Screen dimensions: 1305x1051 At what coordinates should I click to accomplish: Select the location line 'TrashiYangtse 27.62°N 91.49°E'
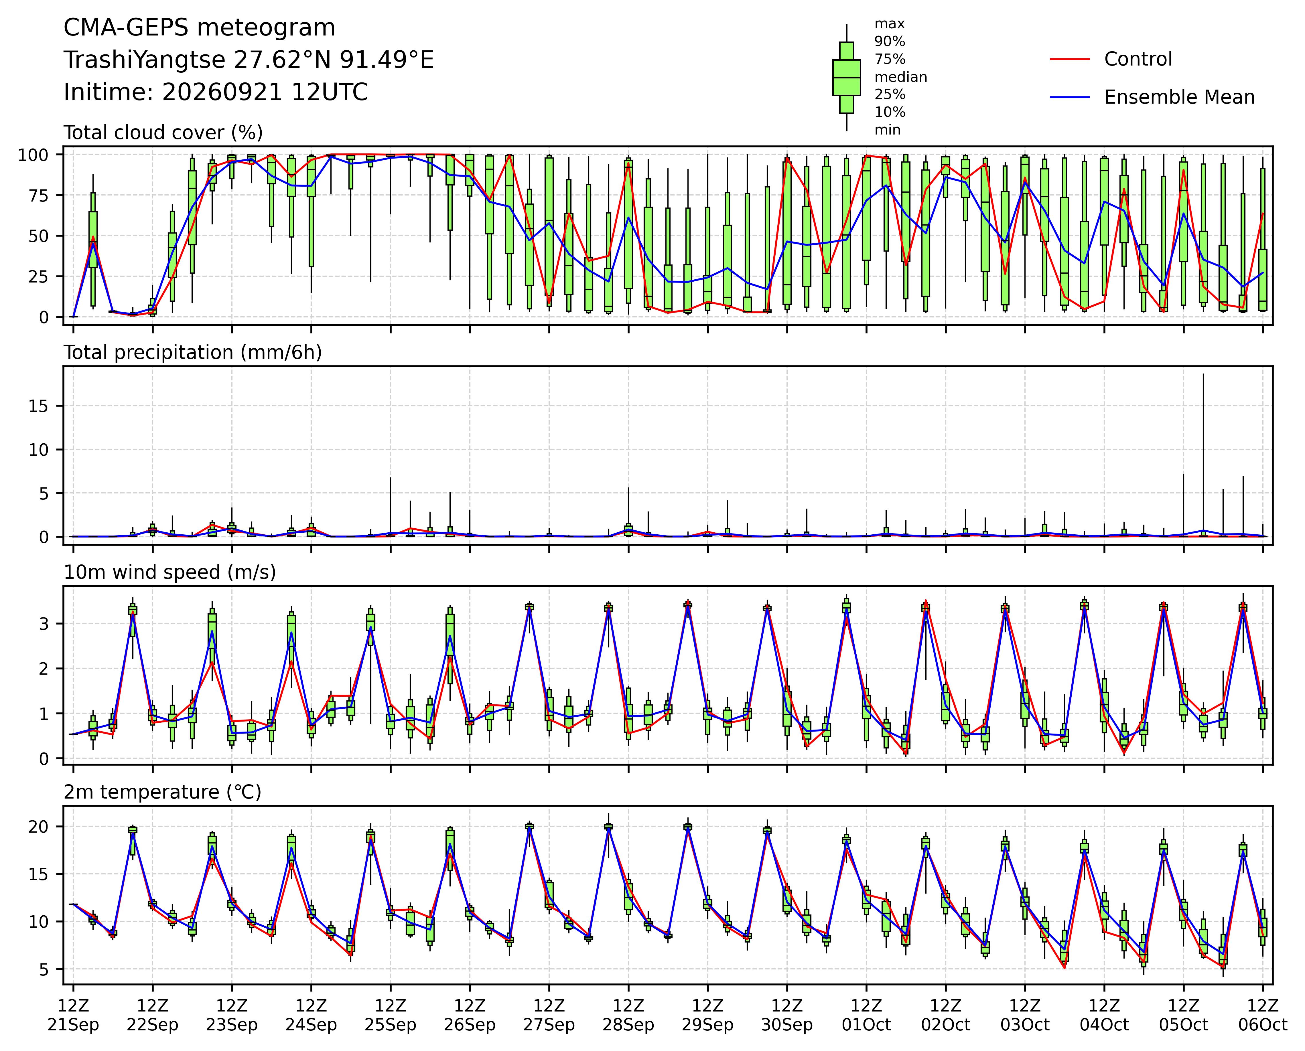[x=249, y=60]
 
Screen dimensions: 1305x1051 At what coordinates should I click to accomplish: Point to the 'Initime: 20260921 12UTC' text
[x=216, y=92]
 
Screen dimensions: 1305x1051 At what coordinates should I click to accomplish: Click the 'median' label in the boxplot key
[x=900, y=77]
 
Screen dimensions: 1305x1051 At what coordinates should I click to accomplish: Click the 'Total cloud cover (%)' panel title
[x=163, y=133]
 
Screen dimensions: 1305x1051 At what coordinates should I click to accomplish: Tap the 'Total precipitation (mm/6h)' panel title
[x=193, y=352]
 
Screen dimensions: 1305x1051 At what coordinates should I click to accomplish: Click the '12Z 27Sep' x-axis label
[x=549, y=1015]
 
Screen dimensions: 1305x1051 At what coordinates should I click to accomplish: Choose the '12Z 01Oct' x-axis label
[x=866, y=1015]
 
